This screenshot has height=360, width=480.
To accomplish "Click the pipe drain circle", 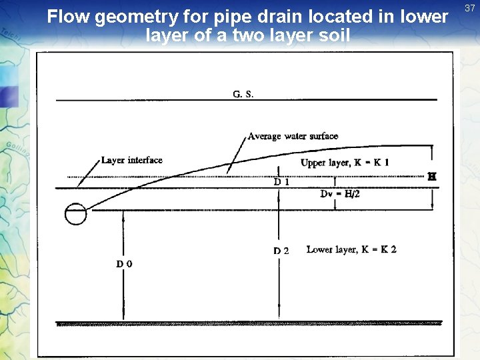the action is pos(75,214).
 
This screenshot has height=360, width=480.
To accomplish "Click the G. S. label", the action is pos(243,94).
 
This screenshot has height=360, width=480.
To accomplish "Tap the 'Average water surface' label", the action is pos(293,137).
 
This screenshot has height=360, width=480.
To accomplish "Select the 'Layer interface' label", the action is pos(131,160).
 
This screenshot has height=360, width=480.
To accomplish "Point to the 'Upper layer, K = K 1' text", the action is pos(345,163).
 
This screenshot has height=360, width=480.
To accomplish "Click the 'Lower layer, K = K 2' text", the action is pos(351,249).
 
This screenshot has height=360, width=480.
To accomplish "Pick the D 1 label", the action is pos(281,181).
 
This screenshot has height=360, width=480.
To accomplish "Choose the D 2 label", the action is pos(281,251).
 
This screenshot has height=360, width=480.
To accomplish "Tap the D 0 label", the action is pos(124,264).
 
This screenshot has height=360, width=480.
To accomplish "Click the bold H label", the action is pos(431,177).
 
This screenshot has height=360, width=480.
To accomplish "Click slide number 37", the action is pos(469,7).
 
